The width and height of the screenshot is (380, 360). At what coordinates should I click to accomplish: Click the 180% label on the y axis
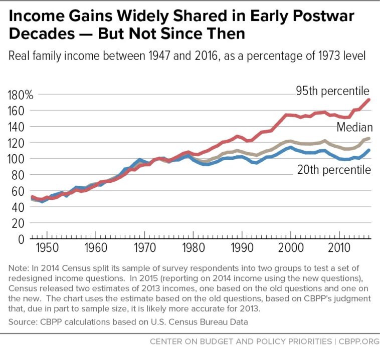pyautogui.click(x=20, y=95)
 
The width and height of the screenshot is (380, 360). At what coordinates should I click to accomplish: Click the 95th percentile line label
pyautogui.click(x=332, y=91)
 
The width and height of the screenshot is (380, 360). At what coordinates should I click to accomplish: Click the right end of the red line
pyautogui.click(x=369, y=100)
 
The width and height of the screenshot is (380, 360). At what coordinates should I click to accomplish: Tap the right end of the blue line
pyautogui.click(x=369, y=150)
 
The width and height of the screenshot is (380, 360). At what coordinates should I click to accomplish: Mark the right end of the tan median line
pyautogui.click(x=369, y=138)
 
